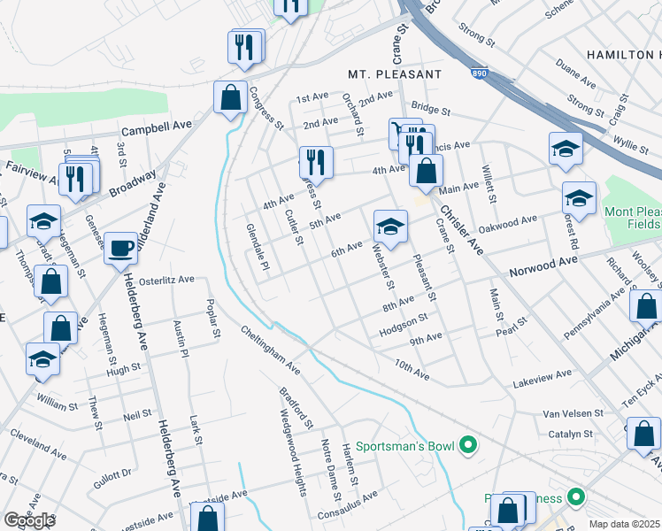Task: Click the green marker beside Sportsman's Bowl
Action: point(470,444)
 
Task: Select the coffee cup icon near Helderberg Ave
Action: point(120,248)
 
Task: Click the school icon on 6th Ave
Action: point(390,227)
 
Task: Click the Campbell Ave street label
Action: point(157,128)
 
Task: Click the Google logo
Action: point(29,520)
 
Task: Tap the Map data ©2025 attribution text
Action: point(625,524)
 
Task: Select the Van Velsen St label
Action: point(573,413)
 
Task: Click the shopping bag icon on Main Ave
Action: point(426,172)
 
